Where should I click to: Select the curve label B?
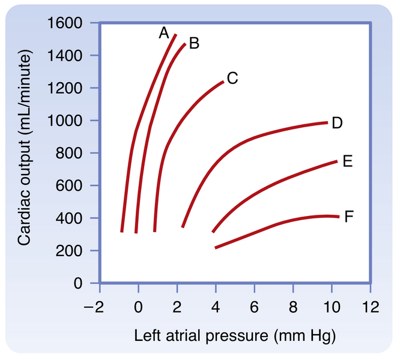[x=193, y=43]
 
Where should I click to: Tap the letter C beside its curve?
[x=233, y=78]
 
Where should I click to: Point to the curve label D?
[x=337, y=123]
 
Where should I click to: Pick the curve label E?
[x=347, y=161]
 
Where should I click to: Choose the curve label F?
[x=349, y=216]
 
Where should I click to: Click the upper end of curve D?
[x=327, y=122]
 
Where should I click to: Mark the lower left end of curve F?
[x=216, y=247]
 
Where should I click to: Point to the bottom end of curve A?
[x=122, y=231]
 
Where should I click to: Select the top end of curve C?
[x=223, y=82]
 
